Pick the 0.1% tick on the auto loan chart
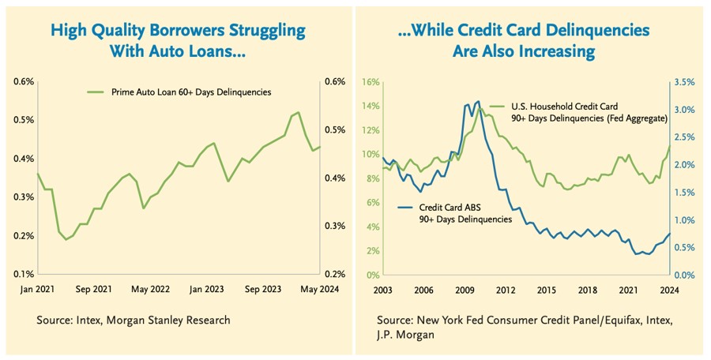tap(23, 274)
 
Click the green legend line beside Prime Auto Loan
tap(95, 92)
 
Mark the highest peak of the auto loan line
tap(298, 112)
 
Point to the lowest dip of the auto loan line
tap(66, 239)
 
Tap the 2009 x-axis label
tap(465, 290)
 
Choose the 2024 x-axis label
tap(668, 290)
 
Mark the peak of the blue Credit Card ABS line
tap(476, 101)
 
